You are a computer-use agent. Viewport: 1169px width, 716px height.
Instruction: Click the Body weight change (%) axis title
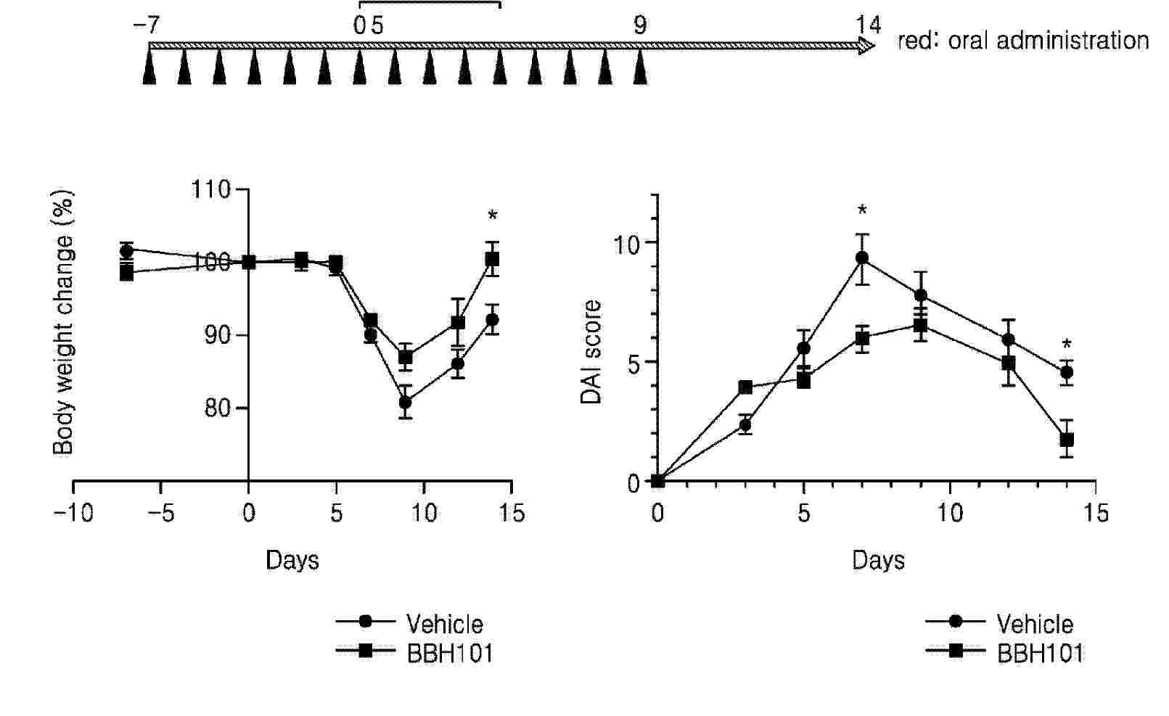click(x=64, y=323)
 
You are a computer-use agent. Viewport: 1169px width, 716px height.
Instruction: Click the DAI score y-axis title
click(x=591, y=353)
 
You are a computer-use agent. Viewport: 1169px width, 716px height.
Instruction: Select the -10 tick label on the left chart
click(x=73, y=514)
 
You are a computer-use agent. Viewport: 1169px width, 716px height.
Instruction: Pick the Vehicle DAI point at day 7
click(x=862, y=258)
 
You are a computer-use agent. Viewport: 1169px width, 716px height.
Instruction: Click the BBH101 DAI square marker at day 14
click(x=1067, y=440)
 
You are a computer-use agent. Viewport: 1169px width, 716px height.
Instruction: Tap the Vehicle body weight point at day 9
click(x=406, y=402)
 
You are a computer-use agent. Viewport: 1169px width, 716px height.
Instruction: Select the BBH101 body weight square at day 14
click(x=492, y=259)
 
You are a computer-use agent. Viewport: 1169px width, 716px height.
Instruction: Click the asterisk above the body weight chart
click(x=493, y=216)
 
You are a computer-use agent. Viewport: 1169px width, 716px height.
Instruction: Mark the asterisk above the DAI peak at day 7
click(x=862, y=212)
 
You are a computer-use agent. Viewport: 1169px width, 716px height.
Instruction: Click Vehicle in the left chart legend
click(x=444, y=624)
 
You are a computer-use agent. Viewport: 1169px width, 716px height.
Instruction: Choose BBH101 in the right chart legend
click(x=1040, y=653)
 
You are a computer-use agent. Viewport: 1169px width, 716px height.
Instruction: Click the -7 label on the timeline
click(x=147, y=26)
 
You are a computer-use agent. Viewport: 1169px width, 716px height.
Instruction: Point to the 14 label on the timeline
click(x=867, y=26)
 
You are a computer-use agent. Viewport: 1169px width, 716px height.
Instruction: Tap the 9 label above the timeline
click(x=639, y=26)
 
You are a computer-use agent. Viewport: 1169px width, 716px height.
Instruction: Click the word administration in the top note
click(x=1072, y=41)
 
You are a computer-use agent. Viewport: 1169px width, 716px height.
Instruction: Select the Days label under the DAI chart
click(x=878, y=560)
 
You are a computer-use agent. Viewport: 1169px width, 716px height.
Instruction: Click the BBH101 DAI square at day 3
click(x=745, y=387)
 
